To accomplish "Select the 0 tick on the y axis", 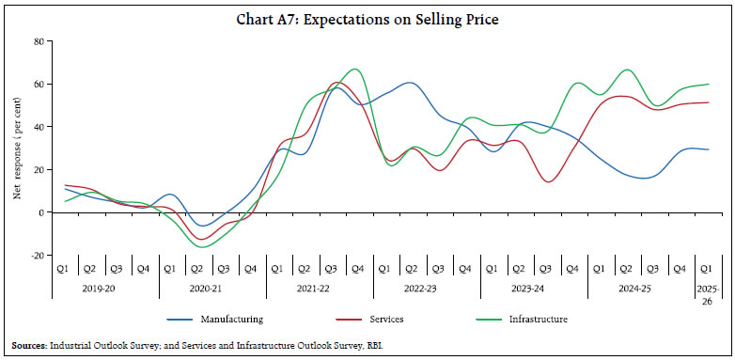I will coord(41,212).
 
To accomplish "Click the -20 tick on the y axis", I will coord(37,256).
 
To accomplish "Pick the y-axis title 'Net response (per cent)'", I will coord(17,149).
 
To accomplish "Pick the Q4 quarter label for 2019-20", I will coord(143,269).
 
